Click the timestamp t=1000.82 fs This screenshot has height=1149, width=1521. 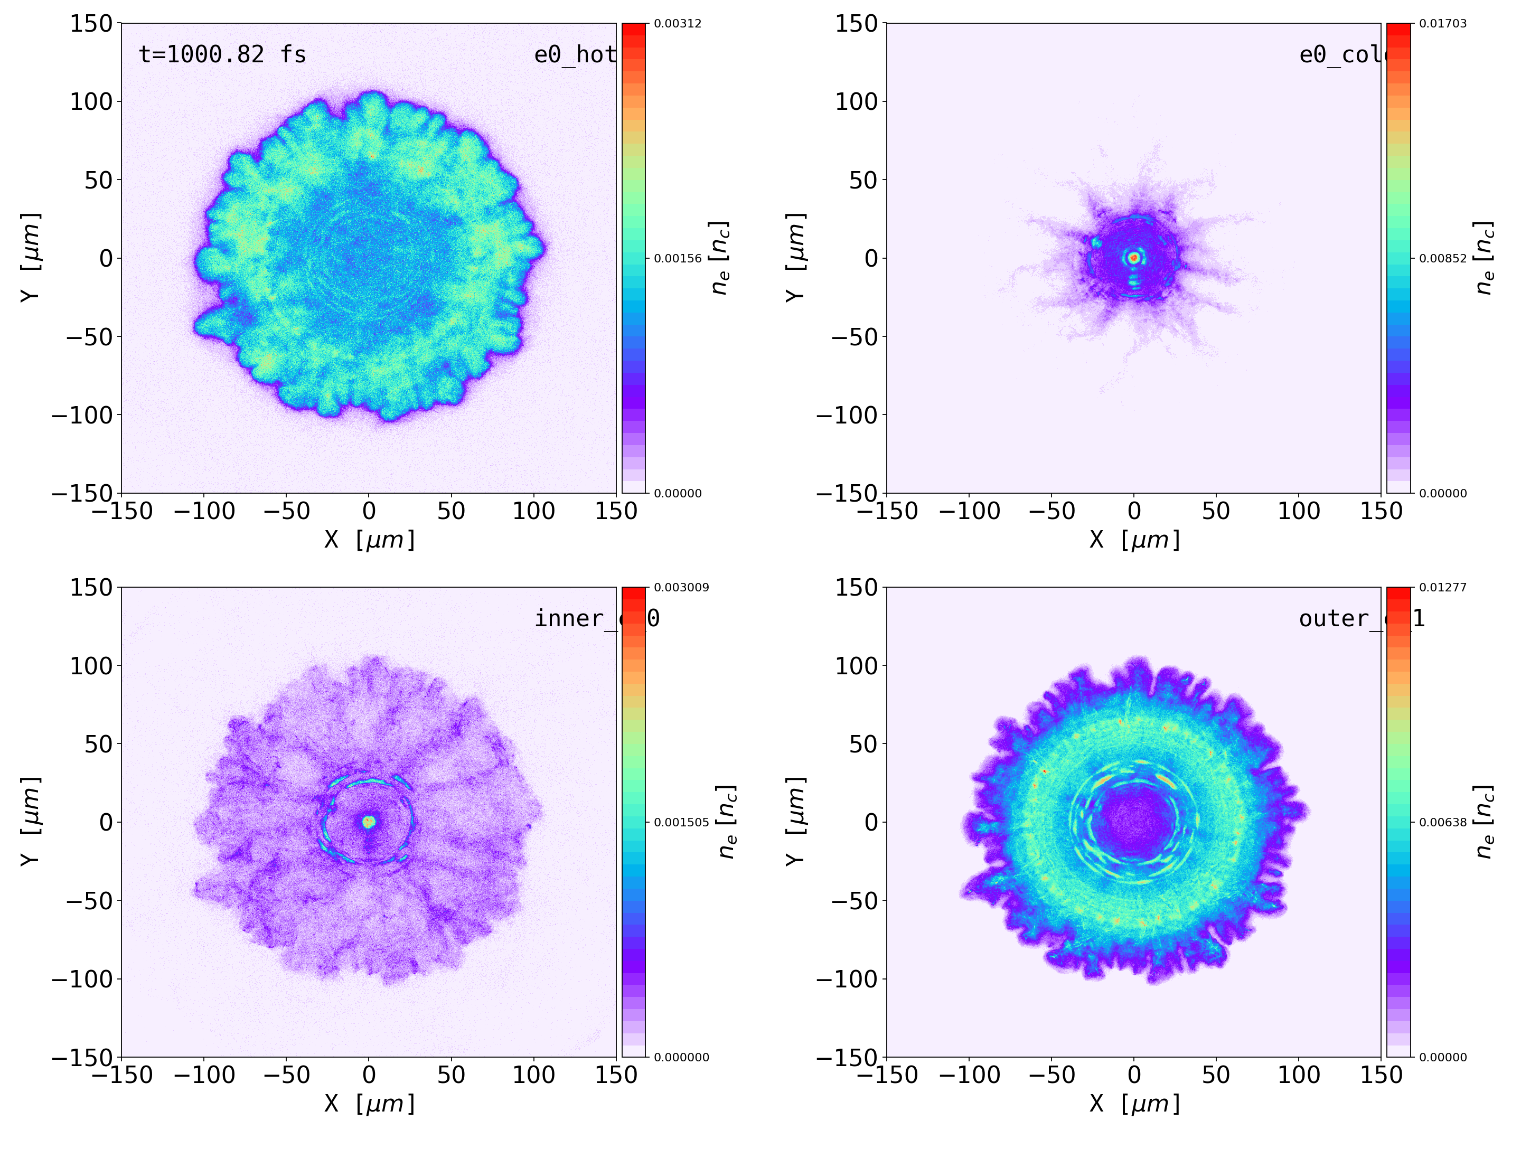[222, 54]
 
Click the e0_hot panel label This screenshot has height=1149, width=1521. [574, 54]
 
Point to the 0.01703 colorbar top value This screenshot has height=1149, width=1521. [1443, 23]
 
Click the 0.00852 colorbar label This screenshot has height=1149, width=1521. [1443, 259]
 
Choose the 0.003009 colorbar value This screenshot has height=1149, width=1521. [681, 587]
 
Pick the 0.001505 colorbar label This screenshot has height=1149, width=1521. [681, 822]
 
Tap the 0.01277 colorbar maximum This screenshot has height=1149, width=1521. [1443, 587]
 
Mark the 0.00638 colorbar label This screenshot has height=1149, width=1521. [1443, 822]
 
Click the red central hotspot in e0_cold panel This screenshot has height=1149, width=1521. [1134, 258]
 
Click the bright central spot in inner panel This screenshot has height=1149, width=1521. [369, 821]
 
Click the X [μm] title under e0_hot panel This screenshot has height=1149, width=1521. [370, 540]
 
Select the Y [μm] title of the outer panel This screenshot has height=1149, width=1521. [795, 822]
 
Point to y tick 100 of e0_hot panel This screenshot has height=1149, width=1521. [91, 102]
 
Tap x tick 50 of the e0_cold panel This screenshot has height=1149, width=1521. [1216, 511]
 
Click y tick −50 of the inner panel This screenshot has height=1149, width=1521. [89, 901]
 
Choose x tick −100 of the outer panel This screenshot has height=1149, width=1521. [969, 1075]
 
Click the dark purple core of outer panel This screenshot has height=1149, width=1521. [1134, 822]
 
